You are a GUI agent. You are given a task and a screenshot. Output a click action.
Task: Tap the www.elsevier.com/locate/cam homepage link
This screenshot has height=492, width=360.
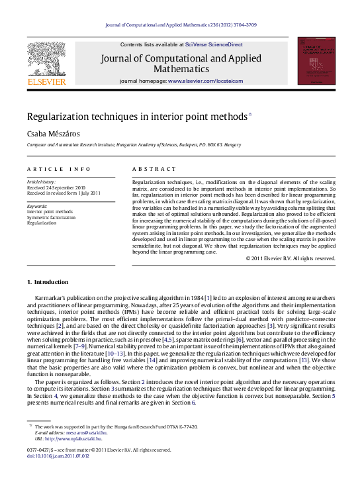coord(206,81)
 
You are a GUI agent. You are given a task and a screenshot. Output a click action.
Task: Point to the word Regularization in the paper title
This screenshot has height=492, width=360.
coord(57,116)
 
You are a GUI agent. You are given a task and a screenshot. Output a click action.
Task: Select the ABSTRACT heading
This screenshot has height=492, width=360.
coord(154,169)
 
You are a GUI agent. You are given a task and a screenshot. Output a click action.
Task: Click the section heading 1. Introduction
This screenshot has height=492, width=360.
coord(47,283)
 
